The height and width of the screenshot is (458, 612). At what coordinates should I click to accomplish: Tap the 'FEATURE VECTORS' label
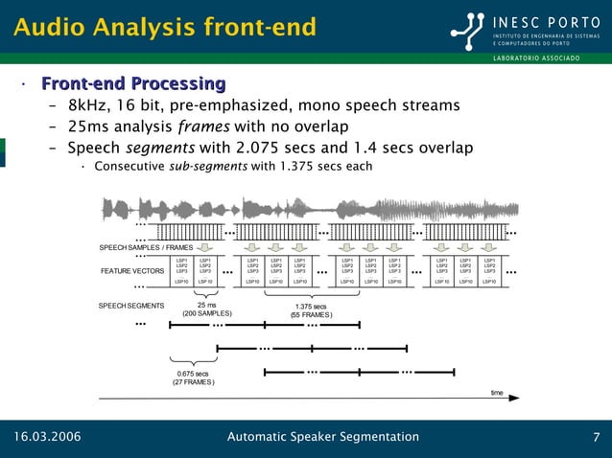coord(132,271)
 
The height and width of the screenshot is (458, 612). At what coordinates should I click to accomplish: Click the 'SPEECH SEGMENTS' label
coord(131,306)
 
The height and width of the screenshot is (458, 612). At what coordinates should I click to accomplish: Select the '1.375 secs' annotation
coord(312,307)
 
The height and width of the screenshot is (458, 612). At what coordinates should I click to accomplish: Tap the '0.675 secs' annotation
coord(193,374)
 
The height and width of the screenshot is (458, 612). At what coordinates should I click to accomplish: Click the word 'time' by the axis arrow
coord(497,392)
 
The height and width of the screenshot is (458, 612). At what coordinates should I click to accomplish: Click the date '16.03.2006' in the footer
coord(46,438)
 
